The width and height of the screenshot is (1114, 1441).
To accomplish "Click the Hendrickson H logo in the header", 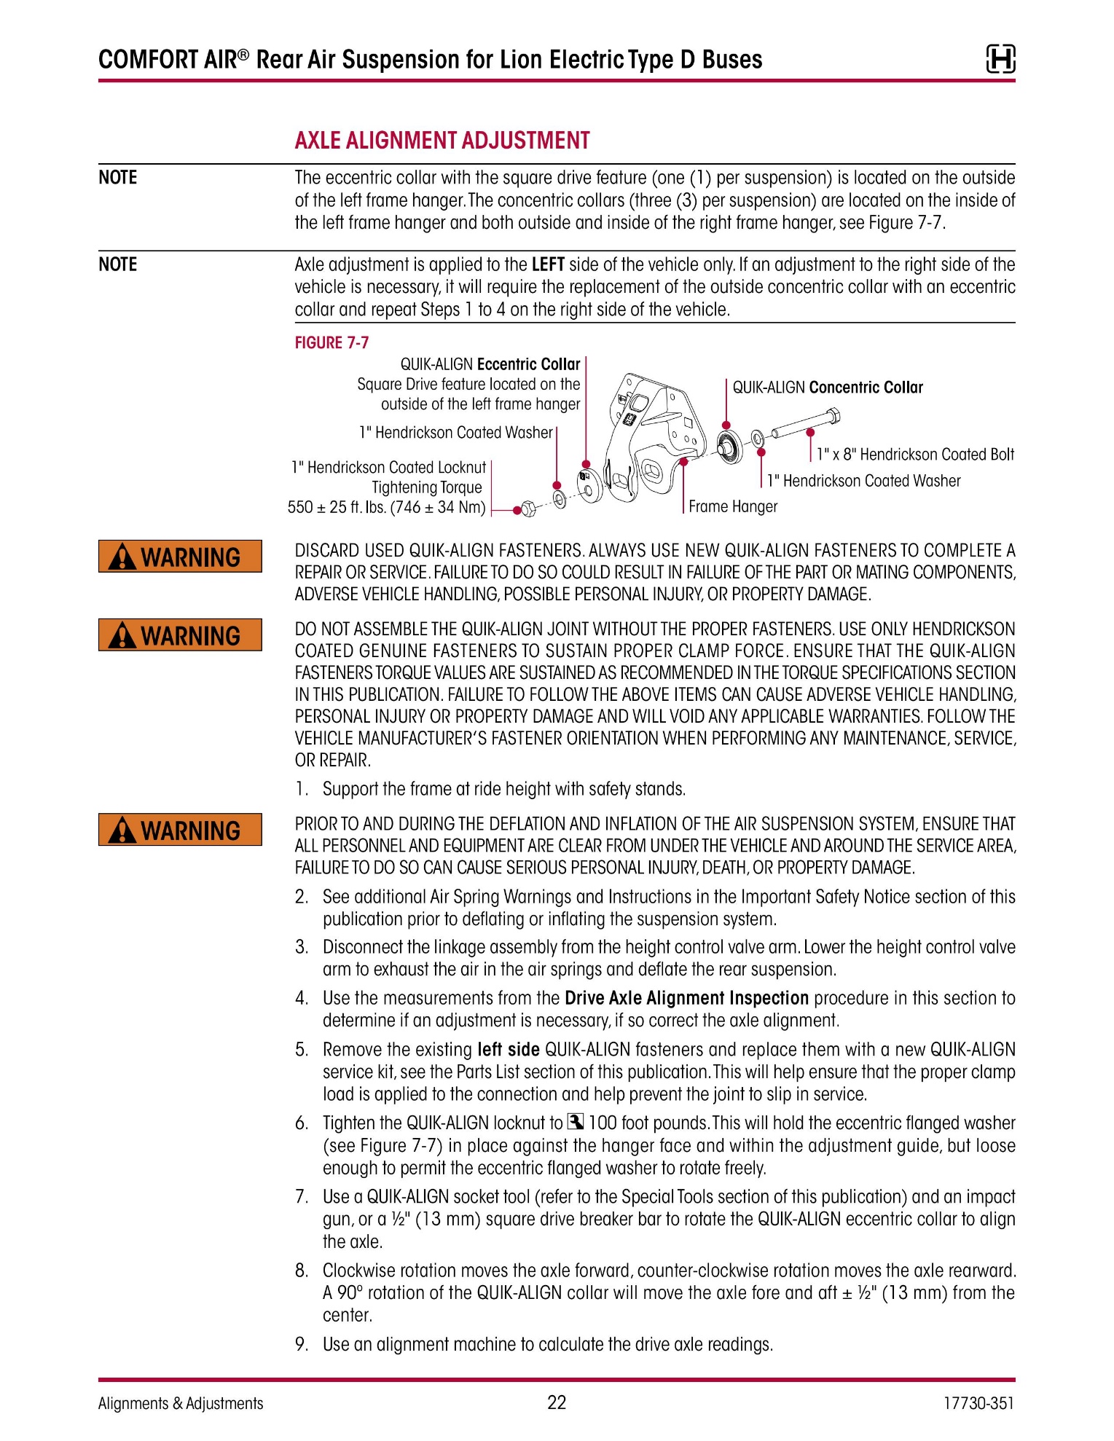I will click(1000, 58).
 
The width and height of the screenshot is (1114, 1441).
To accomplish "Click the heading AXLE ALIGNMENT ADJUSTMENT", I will click(442, 141).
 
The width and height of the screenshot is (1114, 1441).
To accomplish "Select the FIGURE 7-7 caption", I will click(332, 342).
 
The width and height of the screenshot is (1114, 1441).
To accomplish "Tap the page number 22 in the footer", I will click(557, 1403).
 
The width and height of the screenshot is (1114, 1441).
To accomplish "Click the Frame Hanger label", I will click(733, 506).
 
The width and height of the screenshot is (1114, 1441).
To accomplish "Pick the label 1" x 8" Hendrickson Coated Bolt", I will click(915, 455).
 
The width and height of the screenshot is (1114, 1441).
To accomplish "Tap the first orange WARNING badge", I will click(180, 557).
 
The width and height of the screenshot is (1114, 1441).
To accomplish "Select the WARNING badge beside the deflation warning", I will click(180, 830).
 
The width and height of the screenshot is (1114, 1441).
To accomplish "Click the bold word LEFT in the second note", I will click(548, 264).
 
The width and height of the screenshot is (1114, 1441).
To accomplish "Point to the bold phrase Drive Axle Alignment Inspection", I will click(686, 998).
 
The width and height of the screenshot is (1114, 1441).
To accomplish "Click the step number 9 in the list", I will click(302, 1344).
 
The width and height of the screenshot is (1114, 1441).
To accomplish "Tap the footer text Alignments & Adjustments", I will click(181, 1403).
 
